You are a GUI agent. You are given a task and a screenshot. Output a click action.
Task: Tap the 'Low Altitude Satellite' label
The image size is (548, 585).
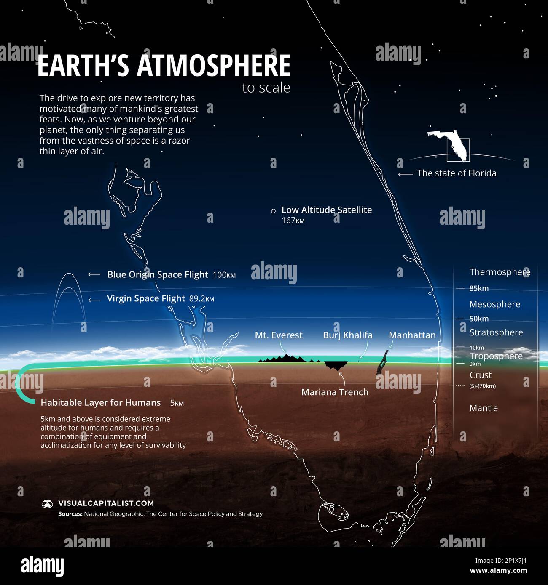(326, 210)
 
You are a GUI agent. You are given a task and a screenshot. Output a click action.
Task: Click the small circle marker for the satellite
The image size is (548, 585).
(273, 210)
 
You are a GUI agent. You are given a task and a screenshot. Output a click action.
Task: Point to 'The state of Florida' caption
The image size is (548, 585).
(457, 173)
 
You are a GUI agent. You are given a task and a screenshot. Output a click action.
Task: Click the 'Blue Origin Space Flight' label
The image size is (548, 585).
(157, 274)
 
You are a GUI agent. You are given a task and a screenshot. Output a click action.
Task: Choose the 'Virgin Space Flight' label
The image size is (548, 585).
(146, 298)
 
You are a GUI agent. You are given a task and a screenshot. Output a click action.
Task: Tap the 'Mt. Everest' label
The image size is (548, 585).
(279, 335)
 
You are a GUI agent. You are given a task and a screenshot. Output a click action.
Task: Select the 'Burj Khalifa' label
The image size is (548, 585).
(347, 335)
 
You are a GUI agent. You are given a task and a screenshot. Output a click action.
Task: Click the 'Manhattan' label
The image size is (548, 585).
(412, 335)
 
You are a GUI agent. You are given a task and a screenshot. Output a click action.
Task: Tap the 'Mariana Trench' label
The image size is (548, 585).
(335, 392)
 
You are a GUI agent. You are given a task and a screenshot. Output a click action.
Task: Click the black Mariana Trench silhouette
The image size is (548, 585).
(336, 365)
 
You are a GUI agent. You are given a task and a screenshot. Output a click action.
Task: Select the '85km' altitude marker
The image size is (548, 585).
(479, 288)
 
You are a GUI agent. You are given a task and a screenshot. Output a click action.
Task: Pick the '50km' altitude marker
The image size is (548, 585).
(479, 319)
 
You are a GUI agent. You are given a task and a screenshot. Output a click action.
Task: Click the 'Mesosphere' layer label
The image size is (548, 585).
(495, 304)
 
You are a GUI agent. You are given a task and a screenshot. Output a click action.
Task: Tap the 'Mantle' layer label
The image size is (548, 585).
(484, 408)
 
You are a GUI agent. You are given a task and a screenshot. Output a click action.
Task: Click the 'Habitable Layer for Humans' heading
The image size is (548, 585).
(101, 403)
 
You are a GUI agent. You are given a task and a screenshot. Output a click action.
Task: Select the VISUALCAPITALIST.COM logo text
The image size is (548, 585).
(106, 503)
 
